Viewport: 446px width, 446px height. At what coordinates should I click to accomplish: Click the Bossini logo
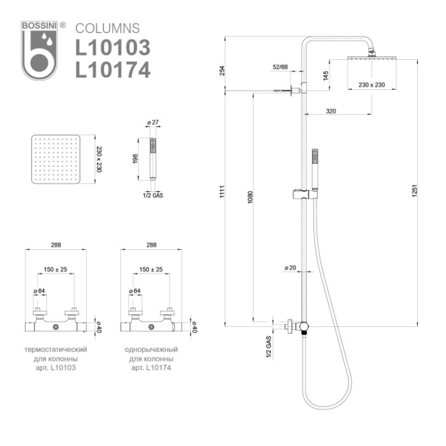(40, 51)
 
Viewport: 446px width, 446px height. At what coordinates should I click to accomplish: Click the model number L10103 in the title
(113, 48)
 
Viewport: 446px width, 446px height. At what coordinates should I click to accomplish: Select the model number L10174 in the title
(113, 69)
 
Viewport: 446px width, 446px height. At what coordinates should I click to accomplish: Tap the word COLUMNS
(108, 28)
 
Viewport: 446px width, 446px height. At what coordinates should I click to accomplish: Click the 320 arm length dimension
(331, 111)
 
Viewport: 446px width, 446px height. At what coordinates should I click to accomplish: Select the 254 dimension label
(222, 70)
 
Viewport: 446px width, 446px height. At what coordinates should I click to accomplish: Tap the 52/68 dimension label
(280, 66)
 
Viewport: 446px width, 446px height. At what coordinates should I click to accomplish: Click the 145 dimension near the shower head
(325, 75)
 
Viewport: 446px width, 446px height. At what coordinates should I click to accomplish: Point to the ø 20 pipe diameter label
(290, 268)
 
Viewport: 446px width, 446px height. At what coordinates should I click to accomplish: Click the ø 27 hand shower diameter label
(152, 122)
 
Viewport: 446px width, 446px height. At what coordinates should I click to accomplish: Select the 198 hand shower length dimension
(135, 159)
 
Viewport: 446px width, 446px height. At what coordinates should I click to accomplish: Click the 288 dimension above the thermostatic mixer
(55, 245)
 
